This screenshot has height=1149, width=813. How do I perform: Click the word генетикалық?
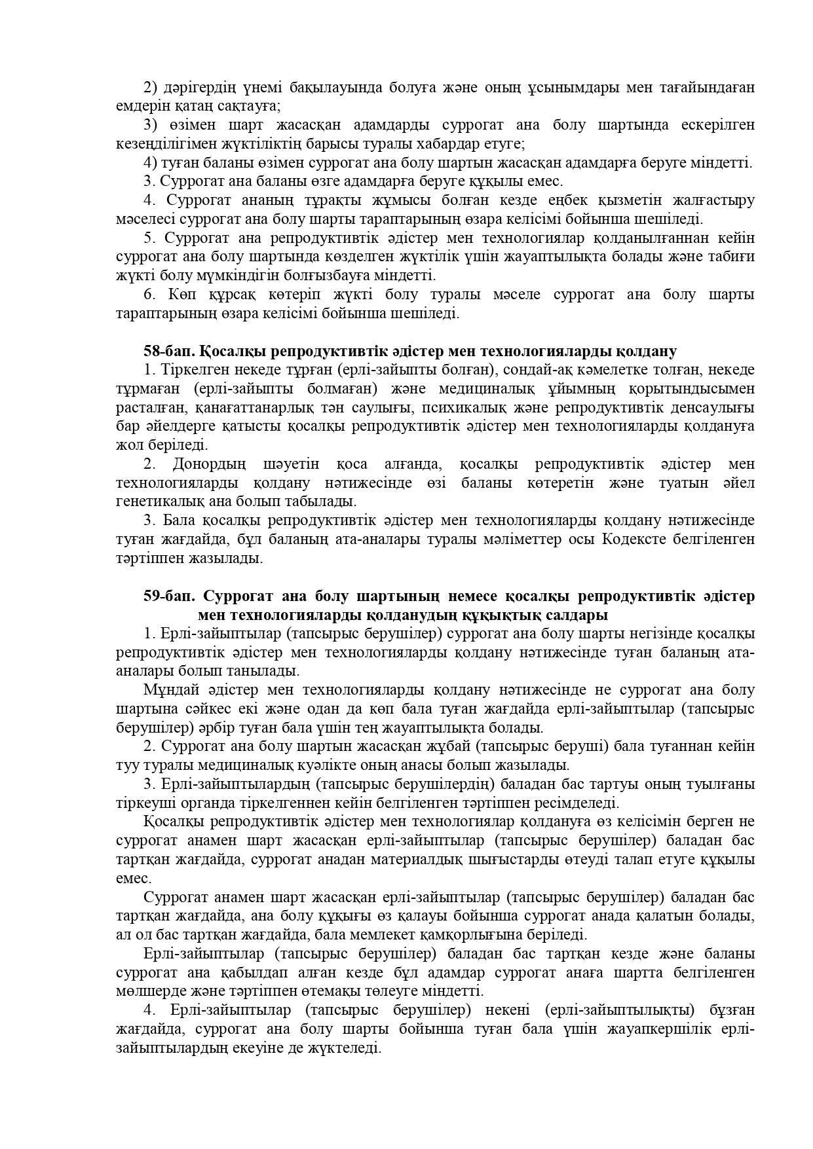[154, 502]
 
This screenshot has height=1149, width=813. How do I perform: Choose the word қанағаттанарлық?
[248, 408]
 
